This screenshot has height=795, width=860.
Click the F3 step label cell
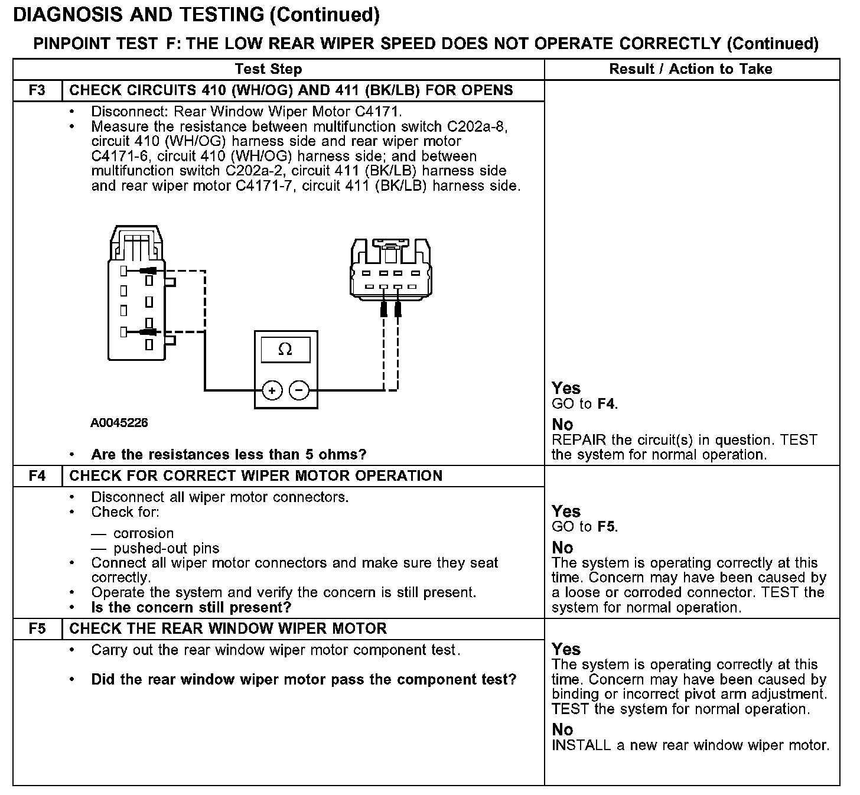37,91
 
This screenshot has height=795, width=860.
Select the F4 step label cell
37,476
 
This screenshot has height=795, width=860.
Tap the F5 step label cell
37,628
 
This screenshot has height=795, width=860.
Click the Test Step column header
268,69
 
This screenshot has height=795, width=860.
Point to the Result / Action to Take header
690,69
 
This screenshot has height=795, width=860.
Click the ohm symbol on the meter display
285,350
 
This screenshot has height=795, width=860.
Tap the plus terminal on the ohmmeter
272,390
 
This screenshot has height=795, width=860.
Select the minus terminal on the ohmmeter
299,390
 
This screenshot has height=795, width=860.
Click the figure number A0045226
119,423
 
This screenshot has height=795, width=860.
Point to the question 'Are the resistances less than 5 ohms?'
229,455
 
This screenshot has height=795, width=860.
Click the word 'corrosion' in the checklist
144,533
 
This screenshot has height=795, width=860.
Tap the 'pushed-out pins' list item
166,548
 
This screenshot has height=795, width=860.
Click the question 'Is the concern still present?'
191,608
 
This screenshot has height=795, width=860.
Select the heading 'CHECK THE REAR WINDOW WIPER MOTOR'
228,628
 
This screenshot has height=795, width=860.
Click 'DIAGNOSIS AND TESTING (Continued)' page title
196,14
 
